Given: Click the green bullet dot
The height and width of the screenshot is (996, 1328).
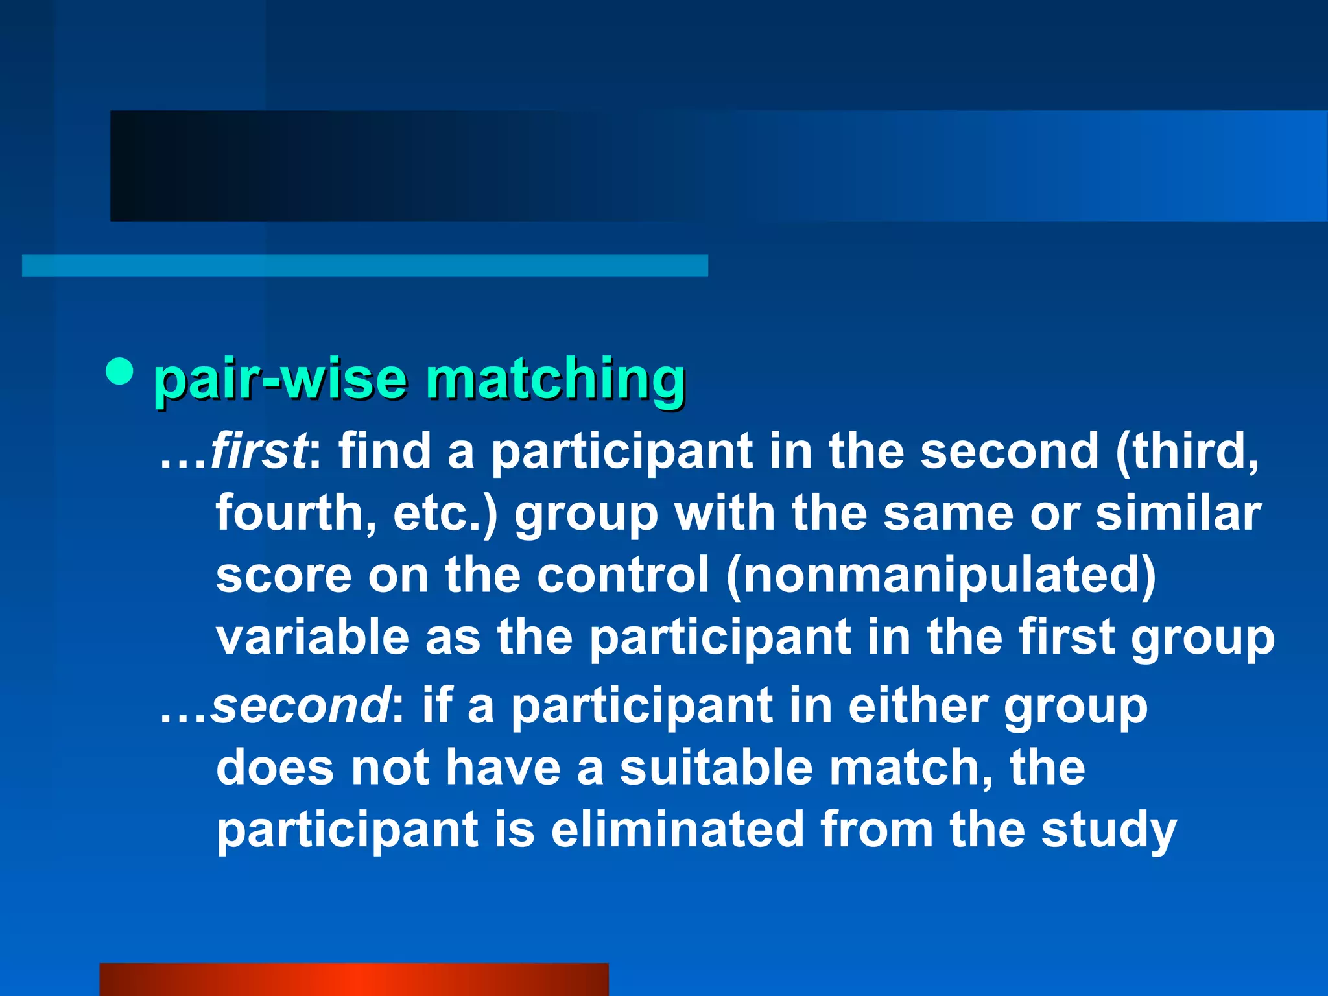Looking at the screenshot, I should point(119,372).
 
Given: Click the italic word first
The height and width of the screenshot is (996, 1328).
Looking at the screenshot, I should point(258,451).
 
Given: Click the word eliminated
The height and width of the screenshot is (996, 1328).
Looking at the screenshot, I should point(678,830).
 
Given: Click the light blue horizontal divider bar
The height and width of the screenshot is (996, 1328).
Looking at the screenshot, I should point(364,266).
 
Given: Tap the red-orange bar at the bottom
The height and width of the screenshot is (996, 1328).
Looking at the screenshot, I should point(353,979).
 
